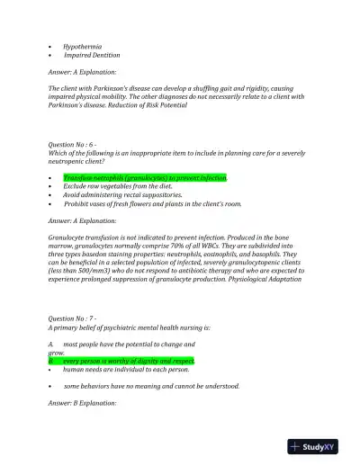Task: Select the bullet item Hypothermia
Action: tap(82, 45)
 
